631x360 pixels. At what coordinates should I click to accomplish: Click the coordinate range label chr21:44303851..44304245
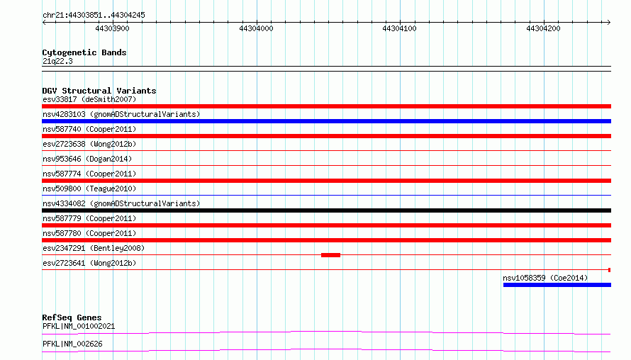(x=94, y=16)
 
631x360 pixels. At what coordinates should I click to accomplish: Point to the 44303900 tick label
(x=112, y=28)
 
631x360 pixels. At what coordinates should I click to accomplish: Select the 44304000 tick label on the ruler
(x=256, y=28)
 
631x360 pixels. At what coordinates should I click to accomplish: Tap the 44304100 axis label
(x=399, y=28)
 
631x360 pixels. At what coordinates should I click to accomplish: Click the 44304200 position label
(x=543, y=28)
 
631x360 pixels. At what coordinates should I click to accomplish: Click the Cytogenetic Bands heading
(x=84, y=52)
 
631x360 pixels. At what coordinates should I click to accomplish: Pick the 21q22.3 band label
(x=57, y=61)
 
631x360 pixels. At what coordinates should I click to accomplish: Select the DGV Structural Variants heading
(x=99, y=91)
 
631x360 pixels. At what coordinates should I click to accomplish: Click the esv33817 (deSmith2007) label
(x=89, y=99)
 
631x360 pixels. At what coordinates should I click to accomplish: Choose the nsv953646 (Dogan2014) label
(x=87, y=159)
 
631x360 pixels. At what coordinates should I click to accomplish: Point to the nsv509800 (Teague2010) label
(x=89, y=189)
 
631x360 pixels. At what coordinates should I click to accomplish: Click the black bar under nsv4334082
(x=326, y=210)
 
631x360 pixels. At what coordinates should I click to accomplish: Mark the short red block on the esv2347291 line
(x=331, y=255)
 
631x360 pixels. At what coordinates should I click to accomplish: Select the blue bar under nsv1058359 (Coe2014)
(x=557, y=285)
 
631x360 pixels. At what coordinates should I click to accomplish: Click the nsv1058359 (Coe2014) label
(x=545, y=278)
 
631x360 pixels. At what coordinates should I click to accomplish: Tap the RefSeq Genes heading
(x=72, y=317)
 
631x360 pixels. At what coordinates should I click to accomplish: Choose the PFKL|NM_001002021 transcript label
(x=79, y=326)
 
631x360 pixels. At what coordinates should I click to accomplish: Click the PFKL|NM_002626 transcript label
(x=72, y=344)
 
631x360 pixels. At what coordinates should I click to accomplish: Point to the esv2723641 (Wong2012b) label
(x=89, y=263)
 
